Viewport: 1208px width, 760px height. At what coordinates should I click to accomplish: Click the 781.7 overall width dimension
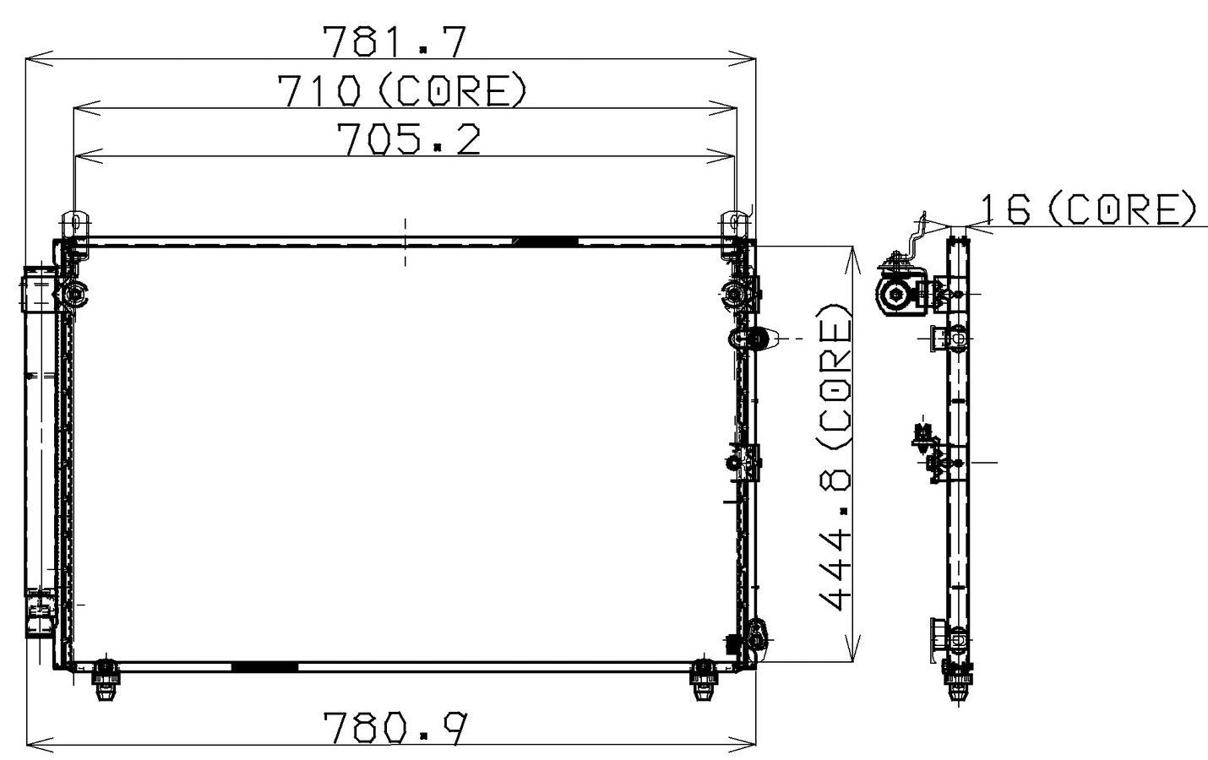tap(394, 41)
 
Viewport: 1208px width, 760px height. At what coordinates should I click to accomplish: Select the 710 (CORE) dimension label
tap(402, 90)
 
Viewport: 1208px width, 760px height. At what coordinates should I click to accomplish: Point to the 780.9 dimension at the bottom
tap(395, 729)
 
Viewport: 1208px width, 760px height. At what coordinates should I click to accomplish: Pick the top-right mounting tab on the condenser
tap(735, 225)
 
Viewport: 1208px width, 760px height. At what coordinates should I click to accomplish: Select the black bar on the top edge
tap(546, 242)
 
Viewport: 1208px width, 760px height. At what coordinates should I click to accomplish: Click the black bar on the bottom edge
tap(264, 666)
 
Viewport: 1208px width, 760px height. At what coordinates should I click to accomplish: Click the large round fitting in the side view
tap(895, 295)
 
